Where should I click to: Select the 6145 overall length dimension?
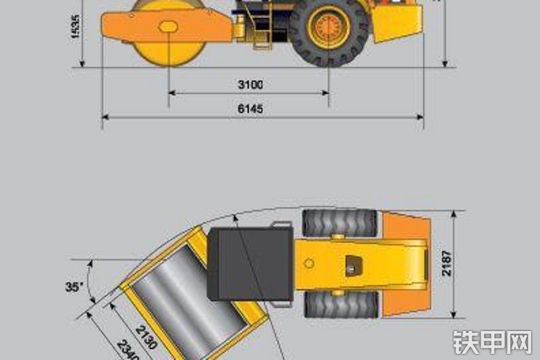pyautogui.click(x=250, y=109)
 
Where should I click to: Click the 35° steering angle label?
pyautogui.click(x=74, y=287)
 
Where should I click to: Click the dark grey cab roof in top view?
pyautogui.click(x=250, y=264)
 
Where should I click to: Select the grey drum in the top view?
pyautogui.click(x=182, y=304)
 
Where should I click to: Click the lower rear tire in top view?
pyautogui.click(x=340, y=305)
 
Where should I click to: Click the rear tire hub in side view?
pyautogui.click(x=330, y=27)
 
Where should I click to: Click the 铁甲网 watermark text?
pyautogui.click(x=493, y=342)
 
